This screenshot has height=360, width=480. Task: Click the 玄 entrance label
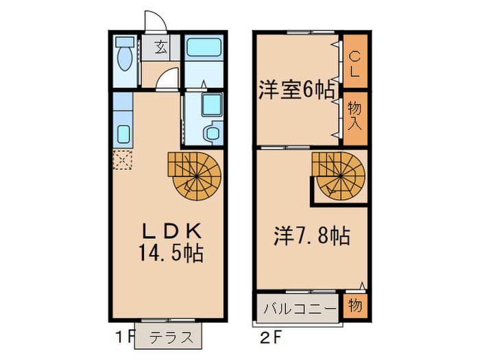(161, 48)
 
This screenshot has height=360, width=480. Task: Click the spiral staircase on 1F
(195, 174)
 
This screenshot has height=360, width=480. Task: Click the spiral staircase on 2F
(339, 173)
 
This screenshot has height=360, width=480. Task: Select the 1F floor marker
(124, 337)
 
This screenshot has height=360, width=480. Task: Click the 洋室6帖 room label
(296, 90)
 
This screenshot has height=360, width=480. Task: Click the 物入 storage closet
(355, 117)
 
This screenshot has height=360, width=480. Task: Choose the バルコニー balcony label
(297, 307)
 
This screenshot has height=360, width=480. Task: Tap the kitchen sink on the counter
(123, 132)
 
